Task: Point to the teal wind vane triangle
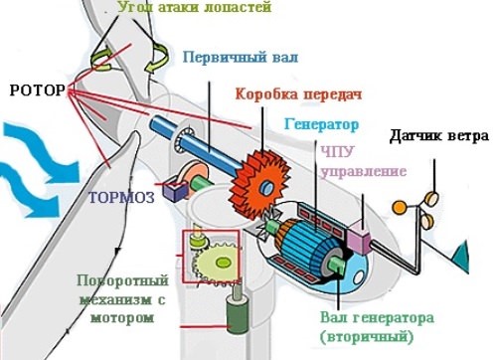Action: click(x=460, y=263)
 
